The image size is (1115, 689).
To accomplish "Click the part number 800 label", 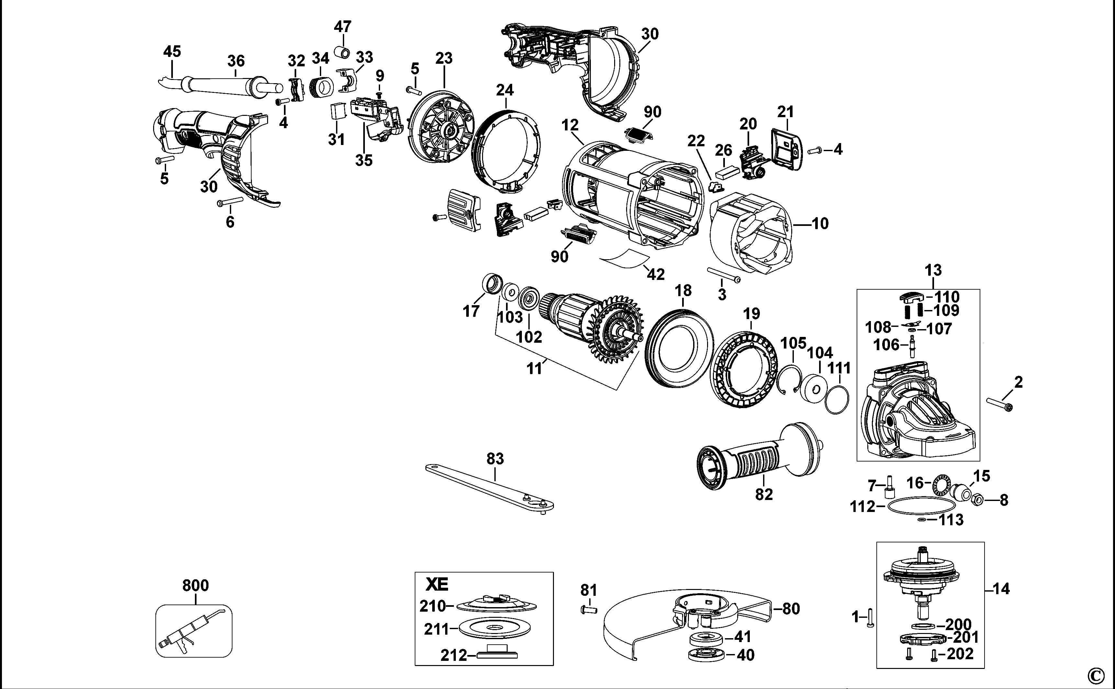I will click(196, 585).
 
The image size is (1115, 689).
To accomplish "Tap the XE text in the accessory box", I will click(437, 584).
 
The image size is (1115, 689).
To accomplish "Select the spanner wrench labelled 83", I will click(490, 488).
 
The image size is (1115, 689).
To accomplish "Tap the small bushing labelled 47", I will click(343, 51).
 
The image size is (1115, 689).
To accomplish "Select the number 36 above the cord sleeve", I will click(236, 61).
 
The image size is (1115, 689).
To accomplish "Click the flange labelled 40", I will click(706, 655).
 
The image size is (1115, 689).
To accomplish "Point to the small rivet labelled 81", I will click(589, 609).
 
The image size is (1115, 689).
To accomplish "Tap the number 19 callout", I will click(751, 314).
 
